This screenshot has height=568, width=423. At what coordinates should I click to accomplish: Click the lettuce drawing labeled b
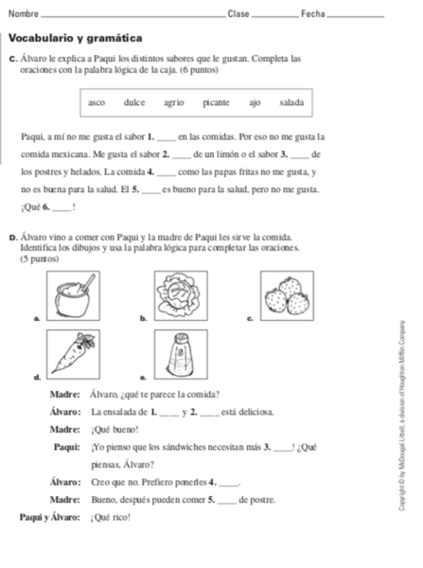tap(180, 295)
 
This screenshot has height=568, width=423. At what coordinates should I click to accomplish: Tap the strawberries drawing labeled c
tap(285, 295)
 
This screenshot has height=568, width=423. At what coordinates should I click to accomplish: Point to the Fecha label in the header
tap(312, 13)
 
